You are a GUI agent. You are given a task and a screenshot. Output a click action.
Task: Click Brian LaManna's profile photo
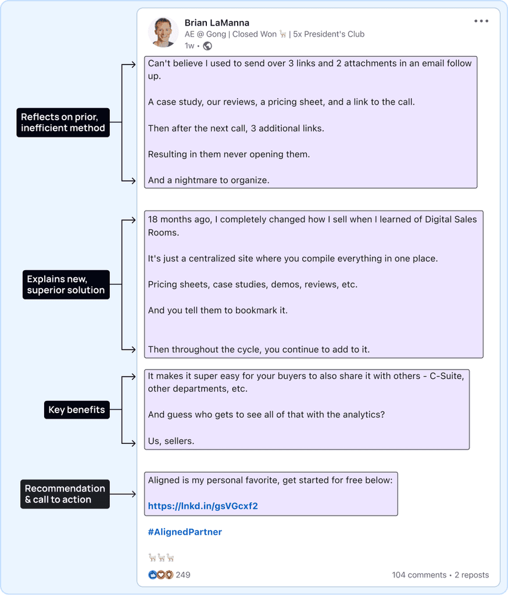[163, 31]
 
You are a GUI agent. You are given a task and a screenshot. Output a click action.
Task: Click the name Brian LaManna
[217, 23]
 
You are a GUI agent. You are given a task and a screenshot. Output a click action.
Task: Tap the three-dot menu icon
[481, 21]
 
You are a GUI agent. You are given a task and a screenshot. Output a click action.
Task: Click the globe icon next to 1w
[208, 46]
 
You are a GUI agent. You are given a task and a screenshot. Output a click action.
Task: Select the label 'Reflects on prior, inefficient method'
[63, 123]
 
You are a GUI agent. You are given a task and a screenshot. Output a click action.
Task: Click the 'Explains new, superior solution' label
[66, 284]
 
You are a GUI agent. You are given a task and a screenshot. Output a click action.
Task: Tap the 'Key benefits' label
[77, 410]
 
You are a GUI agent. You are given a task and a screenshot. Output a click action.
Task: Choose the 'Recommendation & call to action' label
[65, 494]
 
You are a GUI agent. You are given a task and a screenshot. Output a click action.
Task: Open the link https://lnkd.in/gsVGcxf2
[203, 506]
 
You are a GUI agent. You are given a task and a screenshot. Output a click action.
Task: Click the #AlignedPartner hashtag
[185, 532]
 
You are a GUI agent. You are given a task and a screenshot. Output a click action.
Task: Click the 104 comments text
[419, 575]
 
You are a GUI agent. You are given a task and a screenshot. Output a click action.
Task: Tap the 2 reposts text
[471, 575]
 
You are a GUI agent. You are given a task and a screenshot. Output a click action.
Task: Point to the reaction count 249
[183, 575]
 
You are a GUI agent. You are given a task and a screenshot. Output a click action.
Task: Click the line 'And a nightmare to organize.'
[209, 180]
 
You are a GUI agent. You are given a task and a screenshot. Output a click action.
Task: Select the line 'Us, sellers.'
[171, 441]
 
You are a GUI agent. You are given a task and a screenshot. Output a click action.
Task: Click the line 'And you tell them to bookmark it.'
[218, 310]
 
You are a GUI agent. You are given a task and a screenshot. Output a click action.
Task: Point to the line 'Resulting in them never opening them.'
[229, 154]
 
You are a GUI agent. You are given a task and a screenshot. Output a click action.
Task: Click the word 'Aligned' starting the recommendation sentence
[163, 481]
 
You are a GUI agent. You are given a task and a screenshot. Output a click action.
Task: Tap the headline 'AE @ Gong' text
[205, 34]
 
